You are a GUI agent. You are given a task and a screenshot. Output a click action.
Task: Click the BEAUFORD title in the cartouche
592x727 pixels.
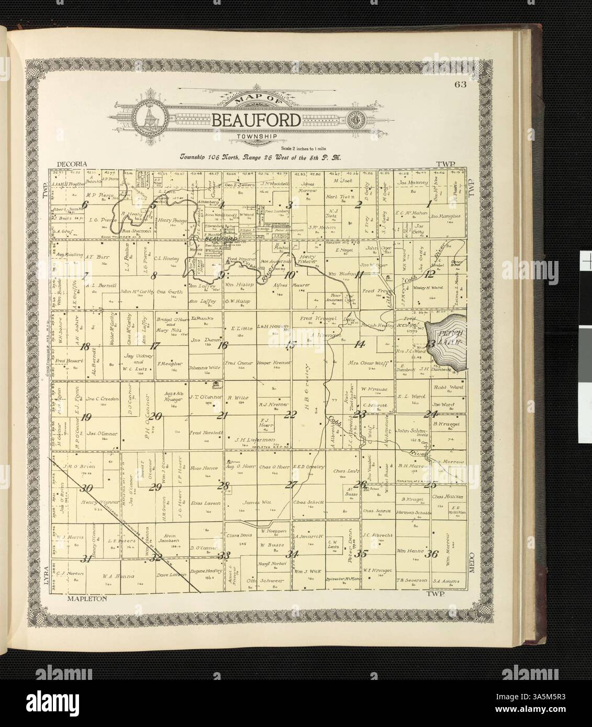point(256,120)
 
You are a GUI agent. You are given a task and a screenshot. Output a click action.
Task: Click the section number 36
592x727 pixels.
point(431,554)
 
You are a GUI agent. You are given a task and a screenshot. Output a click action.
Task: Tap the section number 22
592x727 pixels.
point(291,415)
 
